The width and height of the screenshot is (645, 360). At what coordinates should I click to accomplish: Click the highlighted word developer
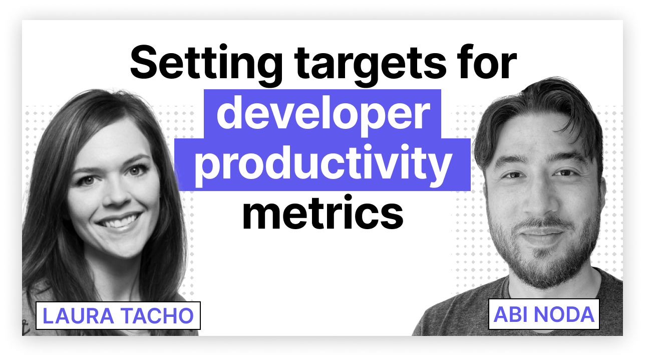[x=322, y=113]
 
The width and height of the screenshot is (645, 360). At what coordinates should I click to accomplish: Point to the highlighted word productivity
[x=322, y=165]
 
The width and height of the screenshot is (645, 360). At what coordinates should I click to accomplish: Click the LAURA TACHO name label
[x=118, y=315]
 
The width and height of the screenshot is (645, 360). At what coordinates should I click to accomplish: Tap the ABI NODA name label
[x=544, y=314]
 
